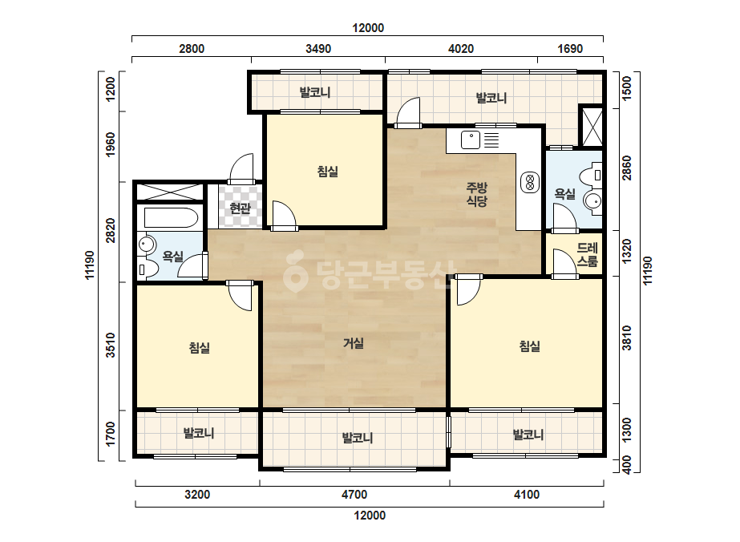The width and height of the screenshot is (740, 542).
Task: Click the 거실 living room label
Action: (353, 343)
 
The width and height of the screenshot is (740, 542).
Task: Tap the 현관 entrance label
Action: (240, 208)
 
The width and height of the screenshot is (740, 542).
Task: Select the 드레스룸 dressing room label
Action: (587, 254)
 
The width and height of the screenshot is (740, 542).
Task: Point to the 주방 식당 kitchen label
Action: (477, 195)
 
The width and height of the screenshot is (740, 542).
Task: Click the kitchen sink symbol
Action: (471, 140)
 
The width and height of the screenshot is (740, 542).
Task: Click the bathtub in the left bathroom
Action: (171, 217)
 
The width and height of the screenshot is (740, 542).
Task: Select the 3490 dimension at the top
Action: (318, 49)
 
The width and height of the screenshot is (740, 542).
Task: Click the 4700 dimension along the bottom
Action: (354, 495)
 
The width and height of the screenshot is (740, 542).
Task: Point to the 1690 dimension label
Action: (570, 49)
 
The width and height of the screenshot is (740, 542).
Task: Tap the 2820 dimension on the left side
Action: (110, 230)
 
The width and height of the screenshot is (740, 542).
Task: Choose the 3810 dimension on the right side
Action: (627, 338)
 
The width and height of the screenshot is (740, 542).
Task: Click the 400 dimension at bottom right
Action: (627, 466)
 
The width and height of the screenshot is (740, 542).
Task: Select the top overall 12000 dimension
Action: (368, 28)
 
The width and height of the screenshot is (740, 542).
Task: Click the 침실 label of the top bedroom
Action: (328, 171)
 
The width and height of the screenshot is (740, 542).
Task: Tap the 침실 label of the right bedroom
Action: (529, 346)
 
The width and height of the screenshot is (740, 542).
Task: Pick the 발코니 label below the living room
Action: (358, 438)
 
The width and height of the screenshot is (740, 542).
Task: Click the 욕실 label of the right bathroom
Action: (564, 193)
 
